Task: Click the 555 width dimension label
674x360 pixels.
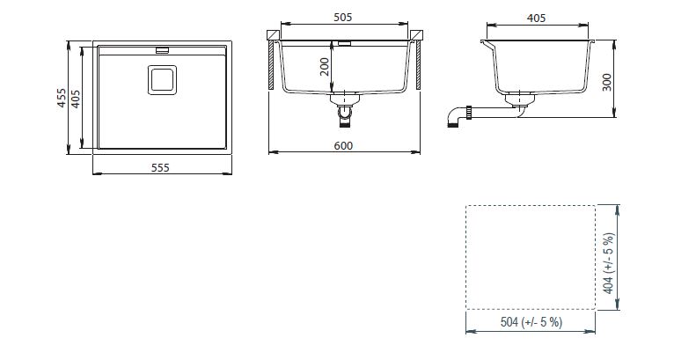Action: coord(160,167)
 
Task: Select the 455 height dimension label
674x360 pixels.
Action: coord(62,98)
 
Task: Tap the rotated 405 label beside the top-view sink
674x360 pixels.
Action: coord(75,99)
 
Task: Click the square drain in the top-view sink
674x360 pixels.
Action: coord(163,79)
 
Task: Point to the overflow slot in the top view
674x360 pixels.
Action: coord(163,50)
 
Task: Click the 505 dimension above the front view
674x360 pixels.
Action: coord(342,18)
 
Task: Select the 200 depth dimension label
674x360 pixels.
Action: coord(325,67)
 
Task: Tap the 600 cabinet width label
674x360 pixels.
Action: coord(343,146)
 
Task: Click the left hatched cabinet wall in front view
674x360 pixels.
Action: coord(271,65)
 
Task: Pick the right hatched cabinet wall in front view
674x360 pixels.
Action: coord(418,65)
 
